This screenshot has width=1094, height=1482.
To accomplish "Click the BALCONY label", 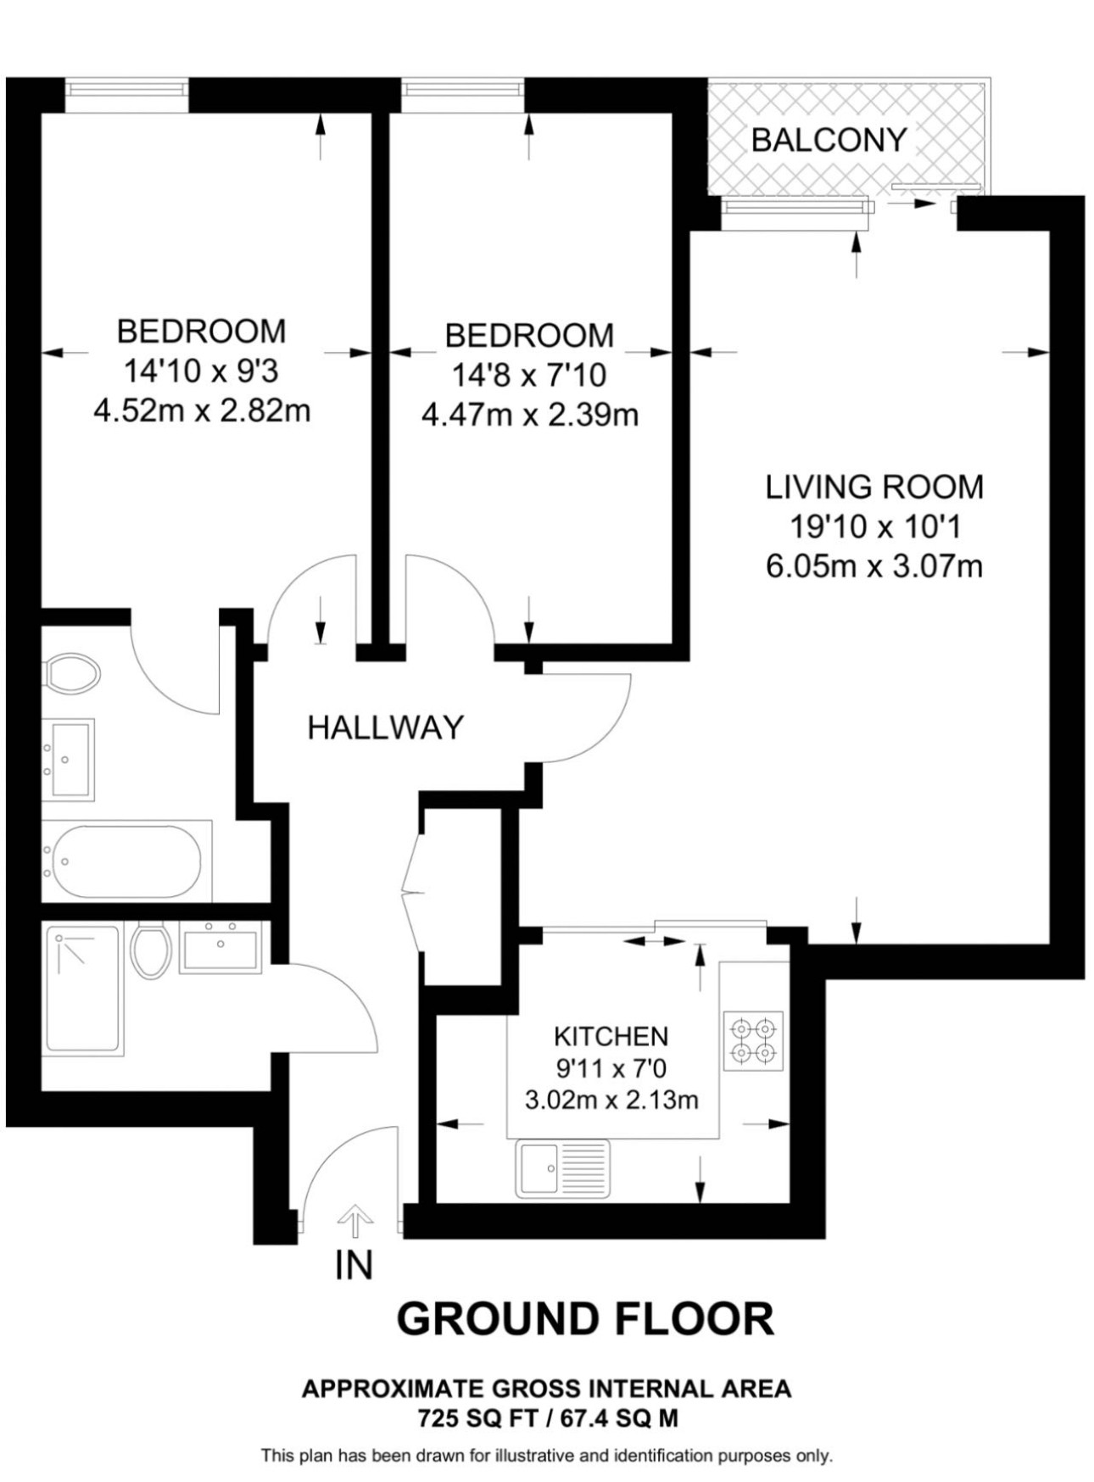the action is [829, 140].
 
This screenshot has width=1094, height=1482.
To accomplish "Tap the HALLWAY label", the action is [386, 727].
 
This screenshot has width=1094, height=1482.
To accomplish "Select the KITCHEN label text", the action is [611, 1036].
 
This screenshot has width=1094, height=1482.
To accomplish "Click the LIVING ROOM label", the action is [874, 487].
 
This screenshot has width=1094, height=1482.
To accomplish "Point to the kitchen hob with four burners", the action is [754, 1041].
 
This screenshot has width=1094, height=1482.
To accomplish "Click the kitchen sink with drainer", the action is [562, 1168].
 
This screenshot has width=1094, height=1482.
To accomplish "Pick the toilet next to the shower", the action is [152, 950].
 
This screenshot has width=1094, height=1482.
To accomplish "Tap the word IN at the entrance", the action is [354, 1266].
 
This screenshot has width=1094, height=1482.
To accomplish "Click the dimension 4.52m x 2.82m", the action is [202, 411].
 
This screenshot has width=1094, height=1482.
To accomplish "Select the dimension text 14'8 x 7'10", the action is [529, 375].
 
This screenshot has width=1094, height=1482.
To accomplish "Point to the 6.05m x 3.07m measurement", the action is [874, 566].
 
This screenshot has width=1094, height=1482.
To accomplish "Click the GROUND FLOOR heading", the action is [585, 1319].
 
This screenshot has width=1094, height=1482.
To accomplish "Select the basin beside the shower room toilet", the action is [220, 947].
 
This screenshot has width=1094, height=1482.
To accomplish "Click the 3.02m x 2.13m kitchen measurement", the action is [611, 1100].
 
